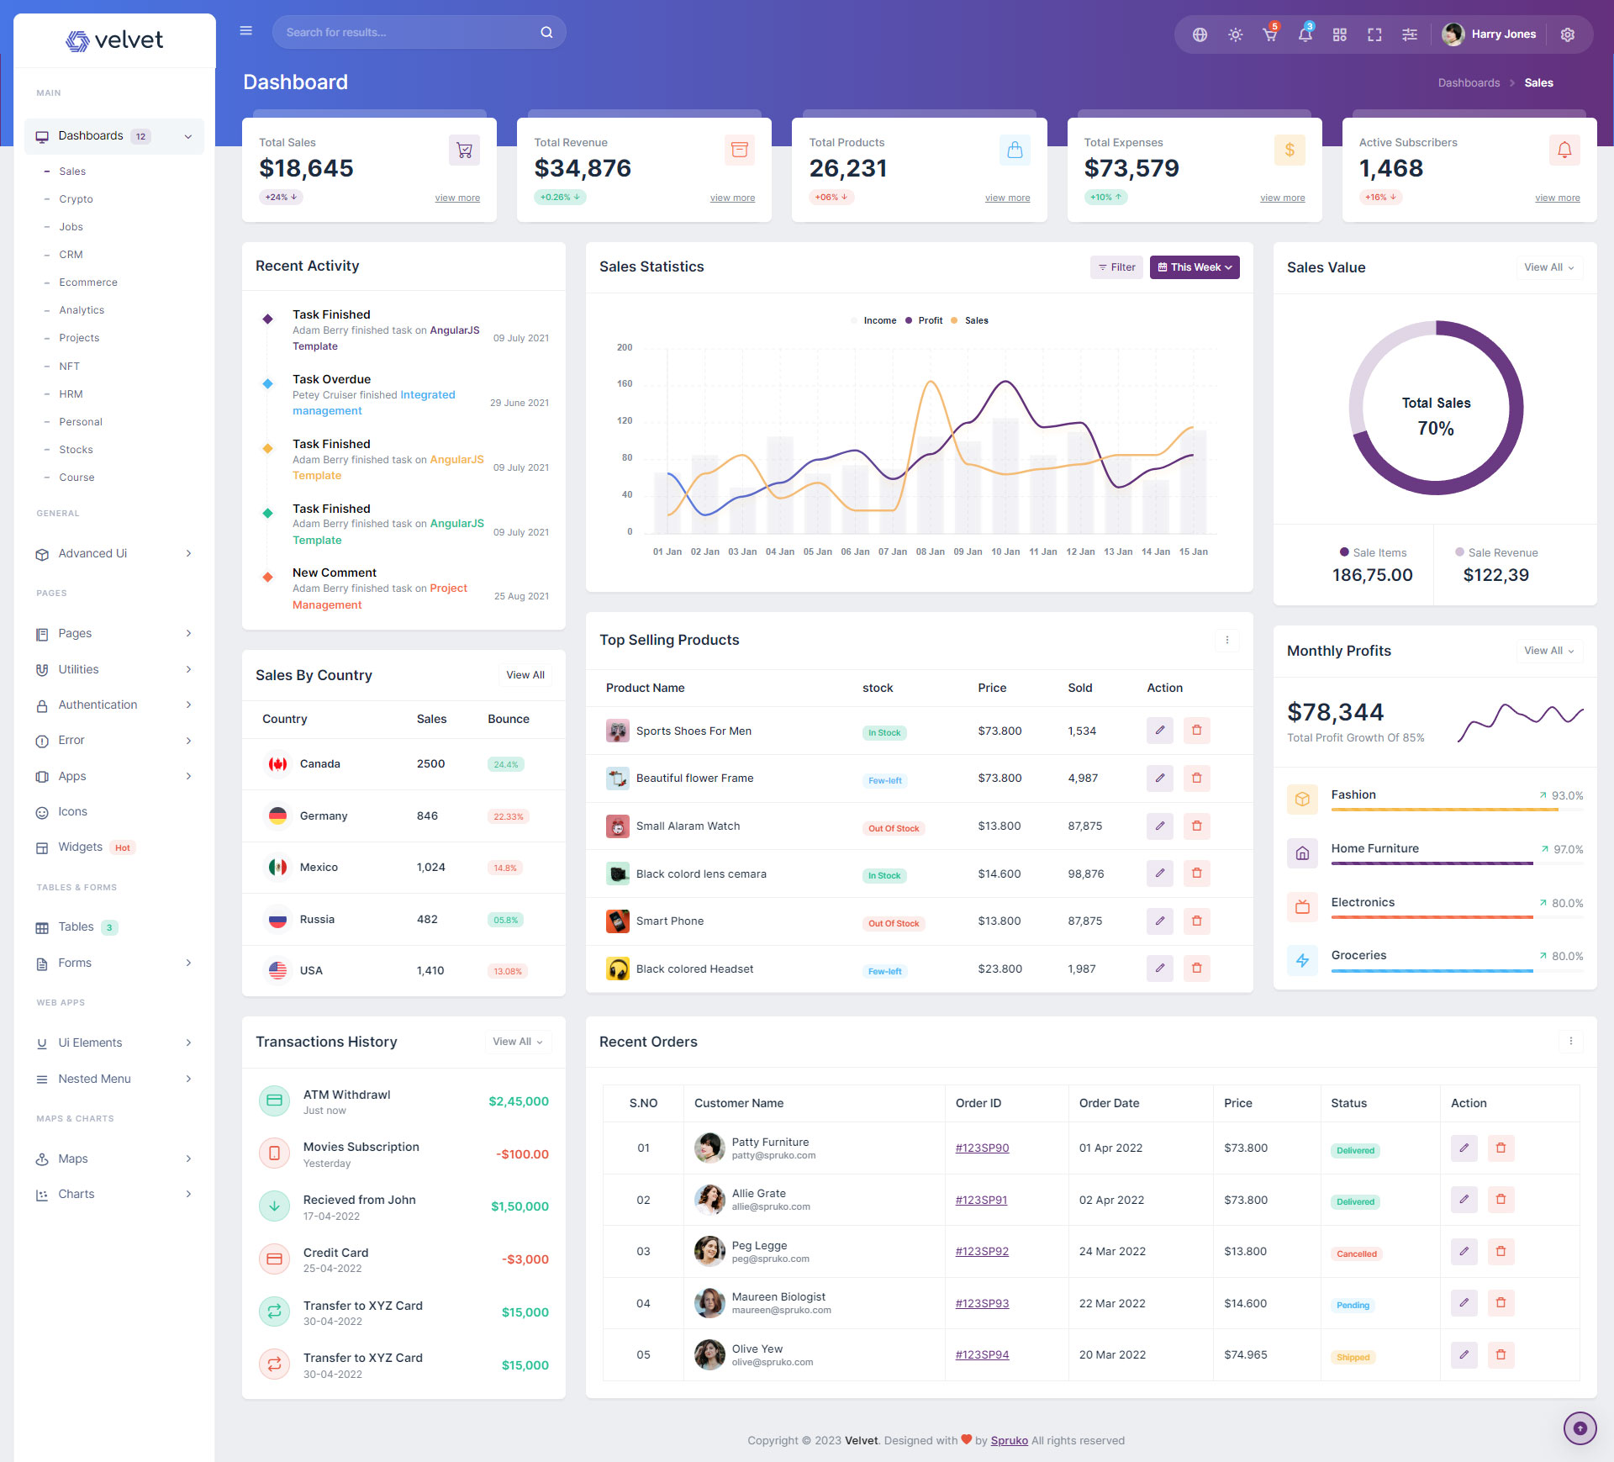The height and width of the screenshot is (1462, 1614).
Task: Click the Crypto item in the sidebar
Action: click(76, 199)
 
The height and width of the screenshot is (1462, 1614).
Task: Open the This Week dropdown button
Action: click(1194, 267)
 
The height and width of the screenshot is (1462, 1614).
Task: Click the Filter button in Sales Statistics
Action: click(1117, 267)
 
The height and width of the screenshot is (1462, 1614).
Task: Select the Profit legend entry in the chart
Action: click(929, 320)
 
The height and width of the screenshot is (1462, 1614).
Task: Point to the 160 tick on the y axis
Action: click(625, 384)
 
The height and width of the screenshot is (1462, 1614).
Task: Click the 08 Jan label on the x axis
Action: click(930, 552)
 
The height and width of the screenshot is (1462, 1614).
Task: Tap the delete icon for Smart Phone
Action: click(1196, 921)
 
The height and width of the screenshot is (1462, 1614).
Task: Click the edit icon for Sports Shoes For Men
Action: click(1159, 731)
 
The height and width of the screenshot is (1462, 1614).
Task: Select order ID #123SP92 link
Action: click(982, 1252)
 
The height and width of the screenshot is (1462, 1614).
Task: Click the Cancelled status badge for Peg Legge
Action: click(1356, 1254)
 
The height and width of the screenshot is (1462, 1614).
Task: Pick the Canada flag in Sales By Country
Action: click(277, 764)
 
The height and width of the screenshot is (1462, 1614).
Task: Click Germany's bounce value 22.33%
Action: click(508, 816)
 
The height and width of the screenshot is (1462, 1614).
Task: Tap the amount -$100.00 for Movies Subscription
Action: click(522, 1154)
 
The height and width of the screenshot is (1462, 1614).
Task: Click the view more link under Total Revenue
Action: click(732, 198)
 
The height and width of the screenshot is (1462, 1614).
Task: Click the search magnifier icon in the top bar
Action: click(546, 33)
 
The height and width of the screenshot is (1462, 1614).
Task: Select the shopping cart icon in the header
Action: click(1269, 34)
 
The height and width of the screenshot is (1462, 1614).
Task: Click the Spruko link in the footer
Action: click(1009, 1440)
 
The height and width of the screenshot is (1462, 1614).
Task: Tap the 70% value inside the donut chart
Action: click(1435, 429)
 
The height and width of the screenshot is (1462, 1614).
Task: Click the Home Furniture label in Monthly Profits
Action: click(1374, 848)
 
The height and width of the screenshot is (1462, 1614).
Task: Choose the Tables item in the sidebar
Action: click(76, 926)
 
